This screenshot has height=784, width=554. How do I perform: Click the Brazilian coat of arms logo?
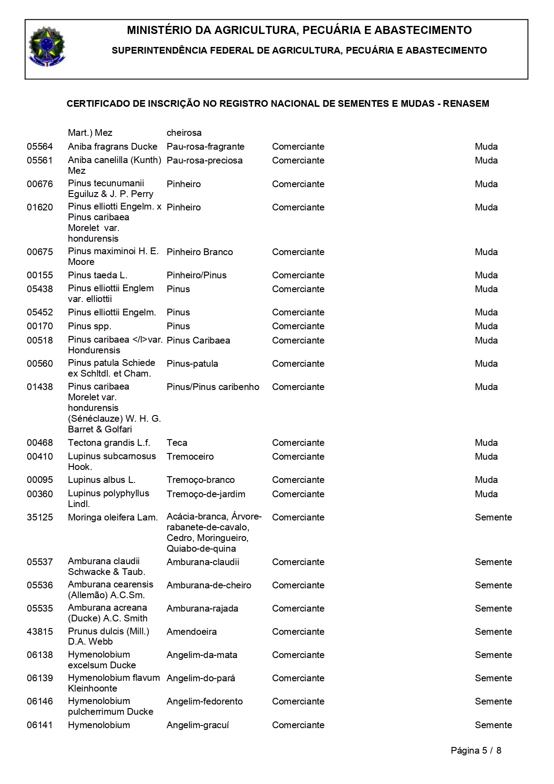click(x=46, y=47)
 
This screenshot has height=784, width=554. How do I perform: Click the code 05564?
click(x=40, y=147)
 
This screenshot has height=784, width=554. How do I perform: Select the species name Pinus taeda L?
click(x=97, y=275)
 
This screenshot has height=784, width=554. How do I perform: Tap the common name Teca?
click(x=177, y=443)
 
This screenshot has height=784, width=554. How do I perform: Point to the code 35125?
click(x=40, y=517)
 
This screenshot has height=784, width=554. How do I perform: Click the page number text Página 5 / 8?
click(x=476, y=750)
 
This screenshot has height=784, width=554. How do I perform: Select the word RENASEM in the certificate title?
click(x=466, y=104)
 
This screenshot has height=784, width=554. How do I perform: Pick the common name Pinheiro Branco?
click(x=200, y=252)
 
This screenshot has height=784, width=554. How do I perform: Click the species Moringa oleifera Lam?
click(x=113, y=517)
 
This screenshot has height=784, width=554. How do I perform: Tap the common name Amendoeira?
click(x=192, y=632)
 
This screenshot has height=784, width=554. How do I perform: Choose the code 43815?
click(x=40, y=632)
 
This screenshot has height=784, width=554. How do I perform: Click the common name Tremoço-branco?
click(x=201, y=480)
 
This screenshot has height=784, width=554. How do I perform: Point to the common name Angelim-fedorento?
click(x=205, y=701)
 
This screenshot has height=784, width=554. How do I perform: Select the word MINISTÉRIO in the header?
click(x=155, y=30)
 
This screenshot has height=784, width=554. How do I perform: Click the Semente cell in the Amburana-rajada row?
click(x=493, y=608)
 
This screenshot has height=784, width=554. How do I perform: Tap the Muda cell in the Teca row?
click(x=486, y=443)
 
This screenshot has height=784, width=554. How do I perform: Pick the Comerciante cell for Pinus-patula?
click(x=298, y=364)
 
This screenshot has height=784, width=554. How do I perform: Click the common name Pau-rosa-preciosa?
click(x=205, y=160)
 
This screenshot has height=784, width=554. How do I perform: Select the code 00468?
click(x=40, y=443)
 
